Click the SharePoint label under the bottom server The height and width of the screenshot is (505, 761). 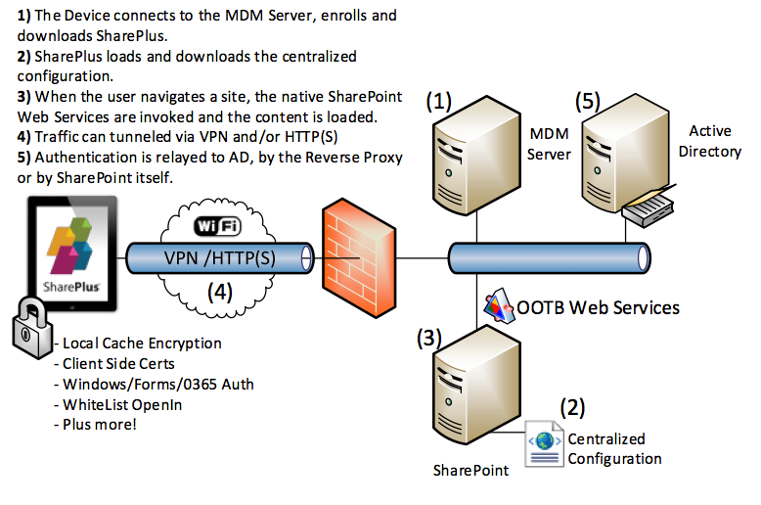click(x=470, y=470)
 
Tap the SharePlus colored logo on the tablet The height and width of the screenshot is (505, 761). click(x=72, y=245)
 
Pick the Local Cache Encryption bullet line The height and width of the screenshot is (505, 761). click(x=141, y=343)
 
